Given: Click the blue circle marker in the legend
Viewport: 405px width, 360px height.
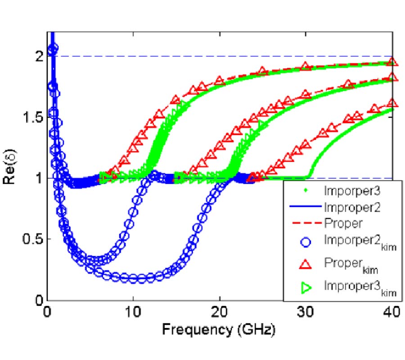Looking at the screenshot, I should pyautogui.click(x=304, y=243).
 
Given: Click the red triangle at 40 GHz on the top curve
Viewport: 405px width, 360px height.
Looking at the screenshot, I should pyautogui.click(x=392, y=62).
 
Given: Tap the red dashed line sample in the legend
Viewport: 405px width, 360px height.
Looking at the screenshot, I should pyautogui.click(x=304, y=222).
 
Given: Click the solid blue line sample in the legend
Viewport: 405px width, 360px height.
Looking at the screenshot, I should pyautogui.click(x=304, y=207).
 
